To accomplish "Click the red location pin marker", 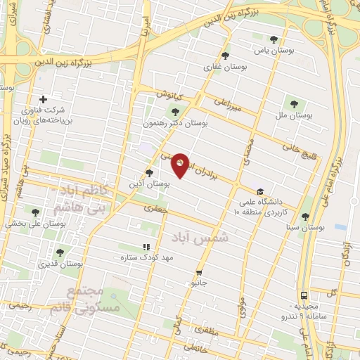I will point(181,165).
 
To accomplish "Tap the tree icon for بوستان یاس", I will point(274,39).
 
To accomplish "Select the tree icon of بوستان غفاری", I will point(225,55).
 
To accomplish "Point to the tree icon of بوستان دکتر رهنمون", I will point(175,110).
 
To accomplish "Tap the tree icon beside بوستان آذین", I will point(148,172).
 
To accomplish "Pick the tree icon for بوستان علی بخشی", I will point(35,212).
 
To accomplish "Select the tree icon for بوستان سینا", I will point(304,217).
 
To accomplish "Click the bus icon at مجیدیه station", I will point(304,295).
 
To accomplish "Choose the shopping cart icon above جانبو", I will point(200,271).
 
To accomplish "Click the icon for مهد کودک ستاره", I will point(146,247).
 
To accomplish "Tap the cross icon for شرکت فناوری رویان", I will point(44,99).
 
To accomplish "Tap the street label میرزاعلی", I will point(229,105).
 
